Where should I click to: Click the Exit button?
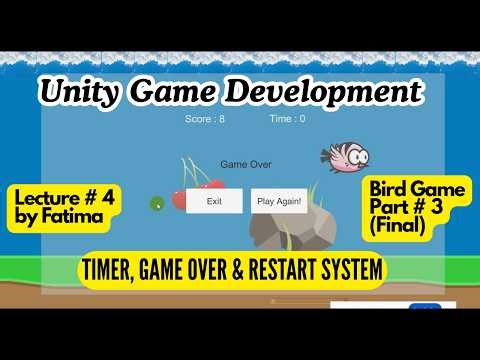tap(214, 201)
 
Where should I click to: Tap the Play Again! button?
tap(279, 201)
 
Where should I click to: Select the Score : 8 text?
tap(205, 118)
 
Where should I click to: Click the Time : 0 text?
tap(287, 118)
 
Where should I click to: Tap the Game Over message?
tap(245, 164)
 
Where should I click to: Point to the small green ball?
tap(157, 204)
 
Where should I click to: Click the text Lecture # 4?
tap(65, 196)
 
